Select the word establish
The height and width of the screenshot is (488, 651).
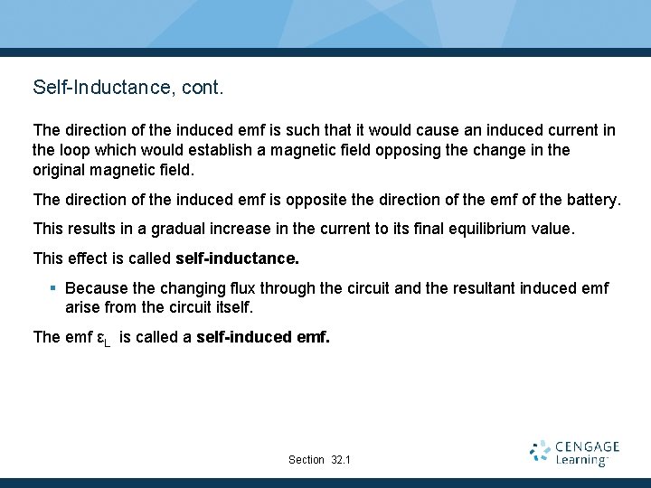pyautogui.click(x=224, y=149)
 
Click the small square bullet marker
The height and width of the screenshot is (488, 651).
pyautogui.click(x=53, y=288)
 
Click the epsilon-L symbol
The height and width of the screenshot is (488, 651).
pyautogui.click(x=103, y=339)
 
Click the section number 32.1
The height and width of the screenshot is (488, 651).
pyautogui.click(x=341, y=460)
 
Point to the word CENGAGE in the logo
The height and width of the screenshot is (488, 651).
pyautogui.click(x=588, y=446)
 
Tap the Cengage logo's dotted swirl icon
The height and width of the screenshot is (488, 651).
pyautogui.click(x=541, y=452)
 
